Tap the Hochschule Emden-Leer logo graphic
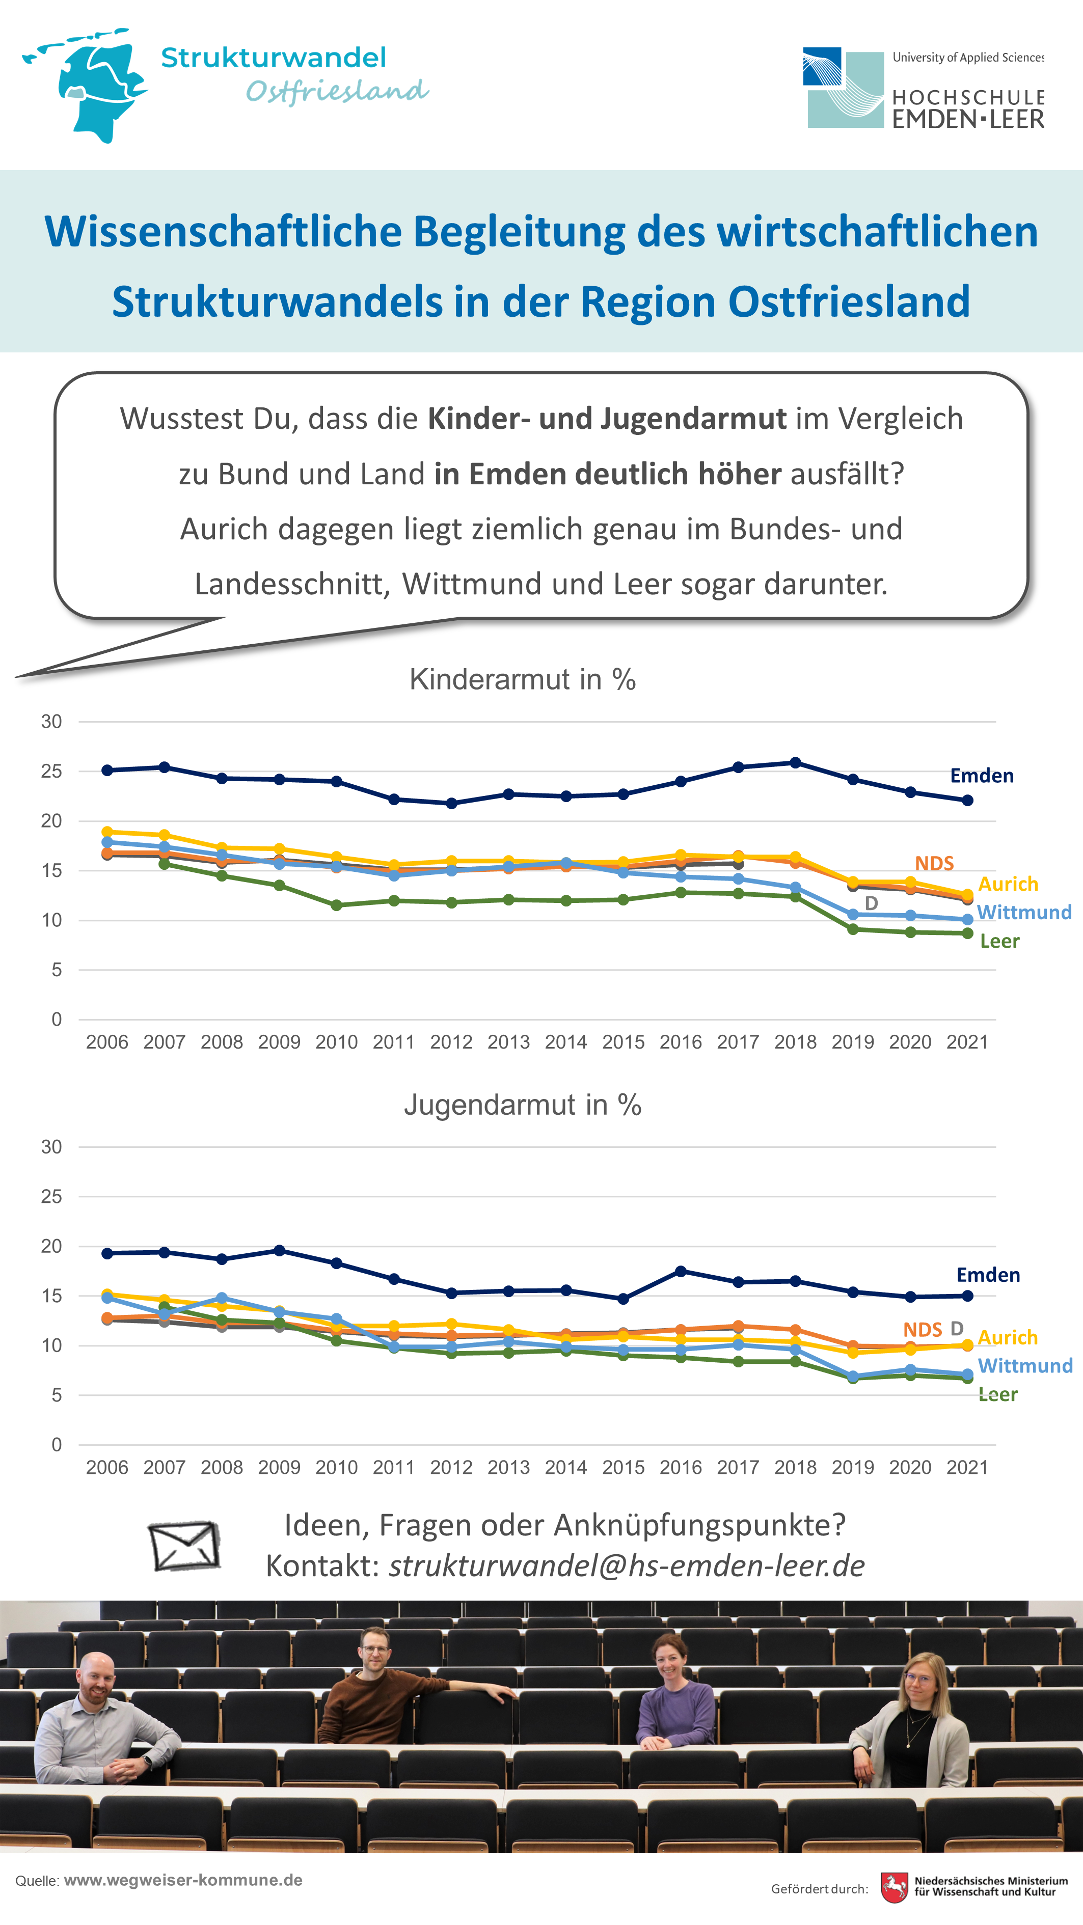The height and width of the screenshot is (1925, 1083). pos(844,88)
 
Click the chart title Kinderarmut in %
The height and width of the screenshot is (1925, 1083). pos(523,679)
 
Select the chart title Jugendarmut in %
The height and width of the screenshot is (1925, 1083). pos(523,1105)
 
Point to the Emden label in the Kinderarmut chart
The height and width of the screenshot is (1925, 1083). pos(981,776)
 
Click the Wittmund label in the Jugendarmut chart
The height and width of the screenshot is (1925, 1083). pos(1025,1365)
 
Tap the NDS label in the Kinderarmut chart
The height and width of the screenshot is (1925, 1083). pos(934,863)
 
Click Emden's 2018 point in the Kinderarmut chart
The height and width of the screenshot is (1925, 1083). pos(795,763)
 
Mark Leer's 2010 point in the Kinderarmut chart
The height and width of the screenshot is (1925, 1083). pos(336,905)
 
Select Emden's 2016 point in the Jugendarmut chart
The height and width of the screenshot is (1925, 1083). pos(680,1271)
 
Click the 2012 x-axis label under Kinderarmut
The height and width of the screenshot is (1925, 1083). pos(451,1042)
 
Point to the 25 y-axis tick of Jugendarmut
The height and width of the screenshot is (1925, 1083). pos(51,1196)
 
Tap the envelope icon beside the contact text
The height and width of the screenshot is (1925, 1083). pos(184,1546)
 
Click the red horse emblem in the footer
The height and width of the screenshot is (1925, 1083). pos(894,1888)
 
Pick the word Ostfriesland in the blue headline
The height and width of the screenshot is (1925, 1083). pos(849,302)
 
